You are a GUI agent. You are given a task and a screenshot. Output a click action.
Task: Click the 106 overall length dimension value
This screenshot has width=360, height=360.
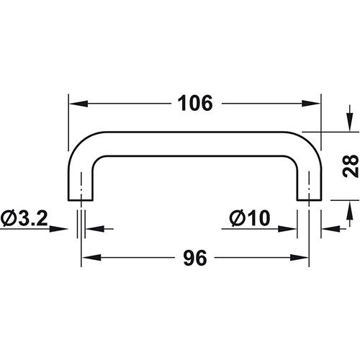pyautogui.click(x=194, y=103)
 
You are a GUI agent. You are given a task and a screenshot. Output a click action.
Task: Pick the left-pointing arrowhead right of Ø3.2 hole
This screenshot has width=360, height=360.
pyautogui.click(x=96, y=230)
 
